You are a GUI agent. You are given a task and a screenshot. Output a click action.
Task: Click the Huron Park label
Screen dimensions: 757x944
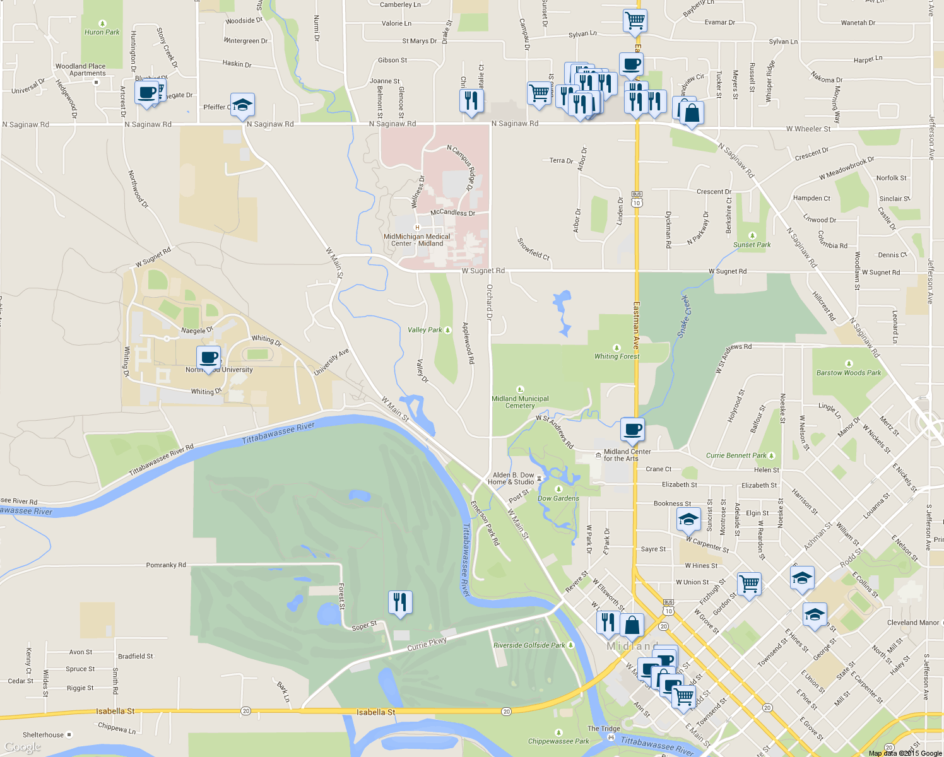(102, 32)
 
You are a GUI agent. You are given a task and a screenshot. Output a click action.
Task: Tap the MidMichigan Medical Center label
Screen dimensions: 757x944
(417, 240)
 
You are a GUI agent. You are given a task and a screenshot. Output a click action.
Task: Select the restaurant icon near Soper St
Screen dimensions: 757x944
(400, 602)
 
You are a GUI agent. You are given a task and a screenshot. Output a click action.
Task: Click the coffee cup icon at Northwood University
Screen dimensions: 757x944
(209, 358)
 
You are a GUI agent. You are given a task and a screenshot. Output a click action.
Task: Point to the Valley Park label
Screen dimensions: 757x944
(425, 330)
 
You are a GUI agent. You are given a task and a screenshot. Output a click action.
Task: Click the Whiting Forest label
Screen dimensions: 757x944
(617, 356)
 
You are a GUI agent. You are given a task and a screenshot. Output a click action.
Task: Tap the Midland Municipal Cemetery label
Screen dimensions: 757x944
(520, 402)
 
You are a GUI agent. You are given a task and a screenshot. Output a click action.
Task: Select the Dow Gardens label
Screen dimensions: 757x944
(558, 498)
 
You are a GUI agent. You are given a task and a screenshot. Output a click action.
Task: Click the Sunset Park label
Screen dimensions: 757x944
(752, 244)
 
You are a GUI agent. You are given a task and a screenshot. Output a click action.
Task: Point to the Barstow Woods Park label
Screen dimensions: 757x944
(848, 372)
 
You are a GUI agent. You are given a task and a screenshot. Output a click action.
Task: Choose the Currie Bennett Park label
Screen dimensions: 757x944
(736, 455)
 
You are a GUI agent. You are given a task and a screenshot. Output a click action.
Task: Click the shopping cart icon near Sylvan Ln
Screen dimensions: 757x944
(634, 20)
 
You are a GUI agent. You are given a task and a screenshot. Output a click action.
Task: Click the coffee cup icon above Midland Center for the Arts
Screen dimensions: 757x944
(632, 430)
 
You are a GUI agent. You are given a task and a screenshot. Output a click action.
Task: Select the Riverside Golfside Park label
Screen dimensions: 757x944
(529, 645)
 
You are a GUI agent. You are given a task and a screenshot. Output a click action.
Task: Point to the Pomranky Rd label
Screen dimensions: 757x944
(166, 565)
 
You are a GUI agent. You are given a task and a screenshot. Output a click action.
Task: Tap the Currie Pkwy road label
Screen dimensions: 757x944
(427, 644)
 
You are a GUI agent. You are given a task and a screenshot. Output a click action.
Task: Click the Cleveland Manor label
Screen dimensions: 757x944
(912, 622)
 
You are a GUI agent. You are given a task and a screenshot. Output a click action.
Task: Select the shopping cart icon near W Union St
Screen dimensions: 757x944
(749, 584)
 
